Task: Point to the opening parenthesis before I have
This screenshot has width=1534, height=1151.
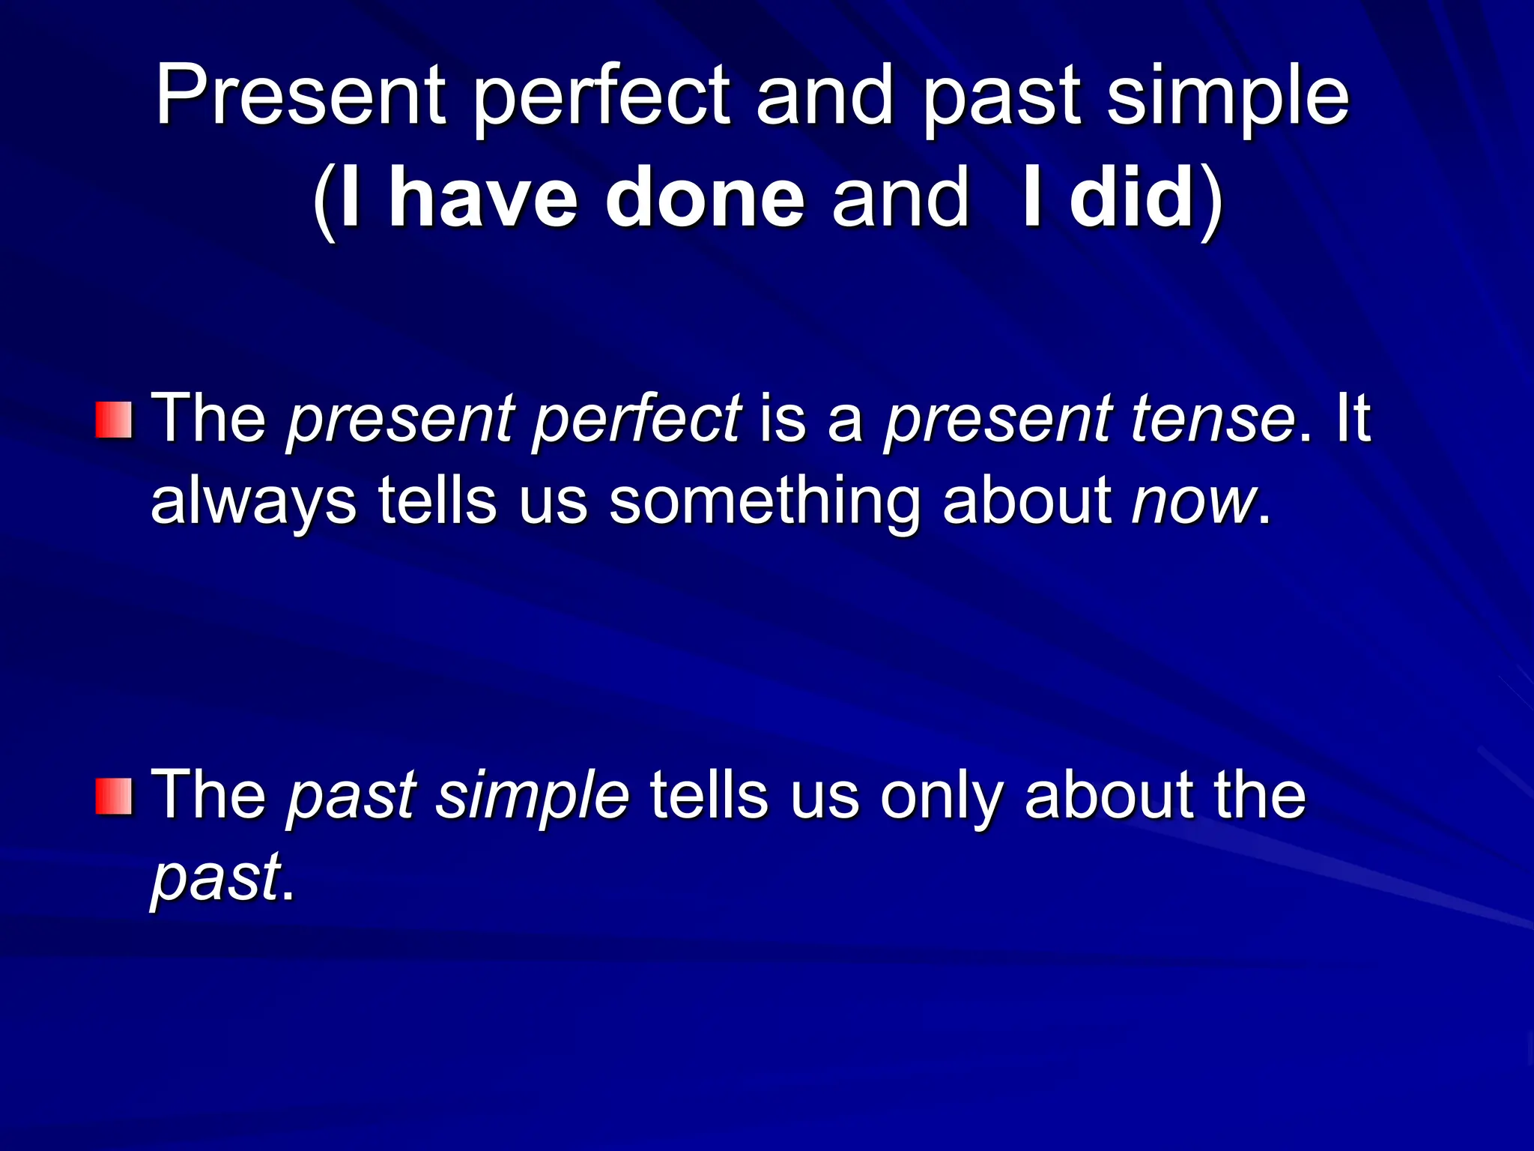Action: click(x=324, y=201)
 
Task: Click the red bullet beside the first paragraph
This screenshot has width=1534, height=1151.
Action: click(x=114, y=420)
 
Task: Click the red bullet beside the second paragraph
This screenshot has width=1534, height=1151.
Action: click(x=114, y=796)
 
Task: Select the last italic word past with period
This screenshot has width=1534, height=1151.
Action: click(x=217, y=877)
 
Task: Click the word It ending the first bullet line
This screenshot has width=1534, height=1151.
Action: click(x=1352, y=418)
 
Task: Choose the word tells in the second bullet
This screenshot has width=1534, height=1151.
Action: click(x=709, y=794)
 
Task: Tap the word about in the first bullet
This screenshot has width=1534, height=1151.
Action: click(x=1027, y=501)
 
